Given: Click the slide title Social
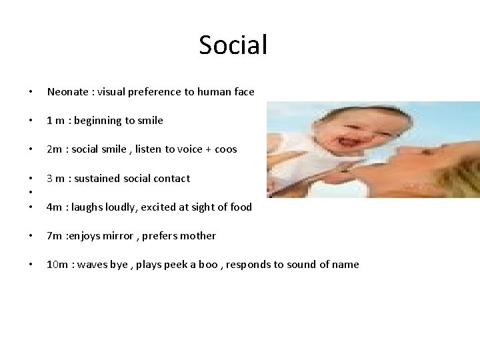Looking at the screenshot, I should [x=233, y=45].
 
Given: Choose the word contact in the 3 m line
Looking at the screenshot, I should [x=171, y=178].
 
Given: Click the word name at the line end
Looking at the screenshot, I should [x=345, y=265].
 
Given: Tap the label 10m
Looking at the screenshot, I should [x=57, y=265].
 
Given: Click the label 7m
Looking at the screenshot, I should [x=54, y=235].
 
